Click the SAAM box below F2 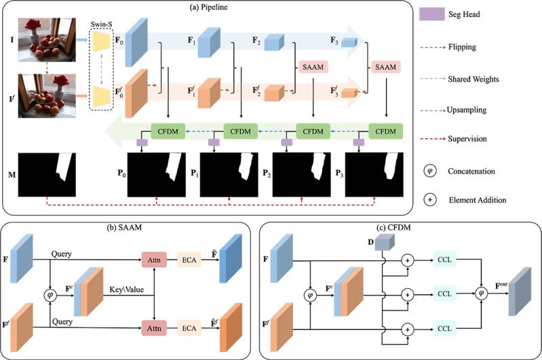tap(313, 67)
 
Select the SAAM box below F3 tap(386, 67)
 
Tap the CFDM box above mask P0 tap(168, 132)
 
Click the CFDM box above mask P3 tap(386, 132)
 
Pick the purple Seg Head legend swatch tap(431, 14)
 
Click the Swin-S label tap(101, 24)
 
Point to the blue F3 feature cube tap(349, 42)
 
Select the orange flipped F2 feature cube tap(274, 93)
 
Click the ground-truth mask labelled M tap(47, 175)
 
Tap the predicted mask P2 tap(301, 175)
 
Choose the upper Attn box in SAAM tap(154, 260)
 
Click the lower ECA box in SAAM tap(189, 328)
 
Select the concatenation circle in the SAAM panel tap(50, 295)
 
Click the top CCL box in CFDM tap(444, 260)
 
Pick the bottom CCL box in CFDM tap(444, 328)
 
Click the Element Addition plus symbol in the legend tap(430, 200)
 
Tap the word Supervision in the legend tap(467, 139)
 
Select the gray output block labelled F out tap(520, 292)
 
